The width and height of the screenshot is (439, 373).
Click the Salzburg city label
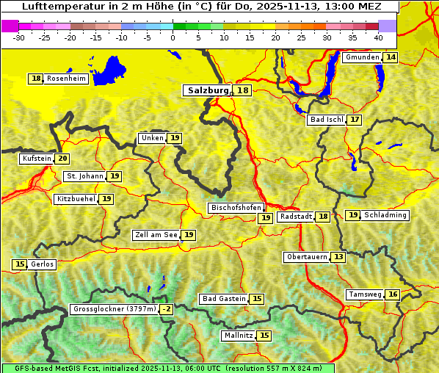pos(208,90)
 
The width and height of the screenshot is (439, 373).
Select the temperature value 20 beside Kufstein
pos(63,159)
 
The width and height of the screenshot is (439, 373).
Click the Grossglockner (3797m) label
pos(115,309)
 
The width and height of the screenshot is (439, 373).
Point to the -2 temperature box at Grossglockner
pos(167,309)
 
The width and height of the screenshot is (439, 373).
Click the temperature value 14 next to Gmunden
pos(391,57)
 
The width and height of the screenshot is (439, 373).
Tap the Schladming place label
pos(385,215)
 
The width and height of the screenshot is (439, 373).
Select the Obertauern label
pos(306,257)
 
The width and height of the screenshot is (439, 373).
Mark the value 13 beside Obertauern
pos(338,257)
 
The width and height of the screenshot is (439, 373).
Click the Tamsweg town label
pos(366,294)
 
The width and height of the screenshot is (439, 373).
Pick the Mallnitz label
pos(238,336)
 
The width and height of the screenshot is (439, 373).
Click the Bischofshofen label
pos(236,209)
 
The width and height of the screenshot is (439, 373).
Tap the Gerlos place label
pos(42,264)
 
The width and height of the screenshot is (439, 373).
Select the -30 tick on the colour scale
pos(19,37)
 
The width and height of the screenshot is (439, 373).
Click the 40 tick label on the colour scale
pos(378,37)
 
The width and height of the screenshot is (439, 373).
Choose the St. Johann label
pos(84,176)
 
